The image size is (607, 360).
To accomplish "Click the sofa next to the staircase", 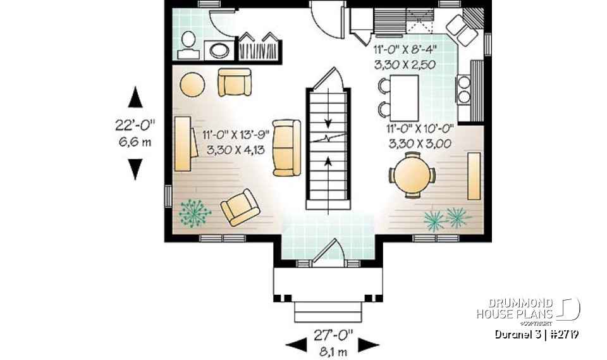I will (x=287, y=147).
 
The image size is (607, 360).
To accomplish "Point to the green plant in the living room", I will (x=195, y=213).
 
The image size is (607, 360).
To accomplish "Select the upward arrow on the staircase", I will (x=328, y=162).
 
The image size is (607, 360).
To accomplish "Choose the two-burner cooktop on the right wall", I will (x=465, y=89).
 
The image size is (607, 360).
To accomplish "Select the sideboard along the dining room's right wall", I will (x=474, y=175).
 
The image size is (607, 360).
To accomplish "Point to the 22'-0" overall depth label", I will (x=135, y=125).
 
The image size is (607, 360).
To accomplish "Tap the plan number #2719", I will (x=565, y=334).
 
